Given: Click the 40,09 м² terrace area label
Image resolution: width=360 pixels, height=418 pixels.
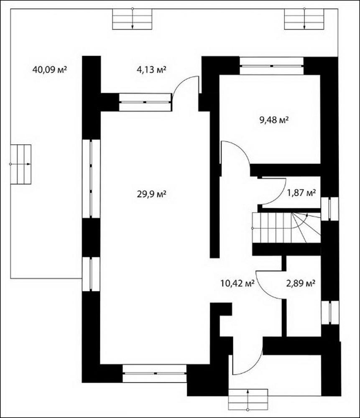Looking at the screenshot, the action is [49, 70].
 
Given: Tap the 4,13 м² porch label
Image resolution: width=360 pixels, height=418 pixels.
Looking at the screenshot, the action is [151, 70].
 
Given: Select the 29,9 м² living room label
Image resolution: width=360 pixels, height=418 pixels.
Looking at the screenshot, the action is [151, 194].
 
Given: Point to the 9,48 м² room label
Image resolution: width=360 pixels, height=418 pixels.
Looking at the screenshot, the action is [274, 120].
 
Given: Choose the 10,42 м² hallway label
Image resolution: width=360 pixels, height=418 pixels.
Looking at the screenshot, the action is [237, 283].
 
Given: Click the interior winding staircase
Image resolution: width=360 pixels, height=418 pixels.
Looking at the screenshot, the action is [286, 228].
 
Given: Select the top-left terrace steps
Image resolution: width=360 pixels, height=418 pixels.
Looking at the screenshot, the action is [132, 19].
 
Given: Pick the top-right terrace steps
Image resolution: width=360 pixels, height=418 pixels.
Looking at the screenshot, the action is [304, 19].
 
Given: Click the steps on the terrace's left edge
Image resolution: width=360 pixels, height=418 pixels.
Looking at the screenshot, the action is [21, 164].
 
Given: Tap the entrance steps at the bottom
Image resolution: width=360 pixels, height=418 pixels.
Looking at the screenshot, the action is [248, 399].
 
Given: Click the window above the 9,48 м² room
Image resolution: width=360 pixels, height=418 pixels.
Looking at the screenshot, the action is [271, 66].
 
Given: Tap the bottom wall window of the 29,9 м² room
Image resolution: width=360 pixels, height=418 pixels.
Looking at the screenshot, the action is [155, 373].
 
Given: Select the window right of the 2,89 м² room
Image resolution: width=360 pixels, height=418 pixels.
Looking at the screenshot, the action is [330, 312].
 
